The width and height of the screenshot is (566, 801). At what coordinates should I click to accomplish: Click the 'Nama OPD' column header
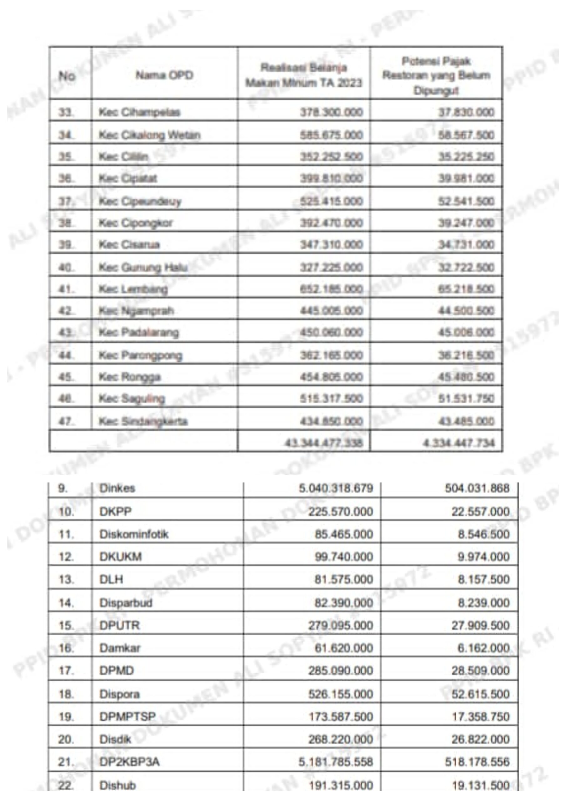[164, 75]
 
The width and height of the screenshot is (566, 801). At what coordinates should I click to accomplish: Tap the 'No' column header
[67, 76]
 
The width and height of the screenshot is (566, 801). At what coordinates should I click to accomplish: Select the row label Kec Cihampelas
[139, 112]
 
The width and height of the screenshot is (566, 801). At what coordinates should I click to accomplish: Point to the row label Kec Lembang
[133, 289]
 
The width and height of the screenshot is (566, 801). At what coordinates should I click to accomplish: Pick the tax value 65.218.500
[466, 289]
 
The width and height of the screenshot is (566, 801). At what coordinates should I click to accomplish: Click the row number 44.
[66, 355]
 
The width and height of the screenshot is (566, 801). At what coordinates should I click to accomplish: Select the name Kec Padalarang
[139, 332]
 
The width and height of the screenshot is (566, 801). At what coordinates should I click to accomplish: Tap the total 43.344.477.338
[324, 443]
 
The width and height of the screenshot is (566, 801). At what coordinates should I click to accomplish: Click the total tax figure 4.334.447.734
[459, 443]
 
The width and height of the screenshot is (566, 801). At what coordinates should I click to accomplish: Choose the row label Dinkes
[117, 488]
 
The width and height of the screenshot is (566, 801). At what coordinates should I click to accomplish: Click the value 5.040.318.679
[336, 488]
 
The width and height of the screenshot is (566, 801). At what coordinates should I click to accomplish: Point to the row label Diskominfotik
[134, 534]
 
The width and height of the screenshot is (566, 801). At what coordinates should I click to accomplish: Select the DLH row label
[111, 579]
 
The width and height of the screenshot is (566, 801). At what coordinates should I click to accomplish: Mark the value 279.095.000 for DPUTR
[340, 625]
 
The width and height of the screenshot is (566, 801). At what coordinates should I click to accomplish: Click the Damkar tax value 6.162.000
[483, 648]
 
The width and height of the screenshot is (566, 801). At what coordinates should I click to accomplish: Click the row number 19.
[66, 717]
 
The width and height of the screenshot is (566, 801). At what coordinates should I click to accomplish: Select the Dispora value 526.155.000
[340, 694]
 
